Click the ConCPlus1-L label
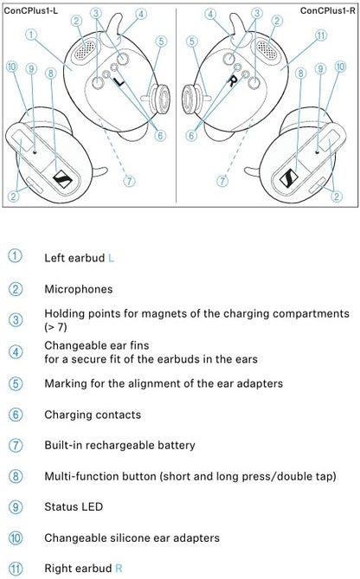30,10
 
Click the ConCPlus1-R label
328,10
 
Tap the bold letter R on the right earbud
232,80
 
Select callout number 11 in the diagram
321,35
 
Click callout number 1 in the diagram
31,35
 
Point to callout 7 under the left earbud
129,181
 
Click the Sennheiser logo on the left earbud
63,179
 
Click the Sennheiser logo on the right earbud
288,177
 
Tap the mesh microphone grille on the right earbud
267,50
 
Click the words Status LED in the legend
74,506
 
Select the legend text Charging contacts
93,415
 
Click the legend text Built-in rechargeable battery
119,446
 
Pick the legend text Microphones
79,289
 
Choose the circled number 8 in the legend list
16,476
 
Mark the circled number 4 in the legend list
16,352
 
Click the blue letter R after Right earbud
119,568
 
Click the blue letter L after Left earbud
111,258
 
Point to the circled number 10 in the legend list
16,537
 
